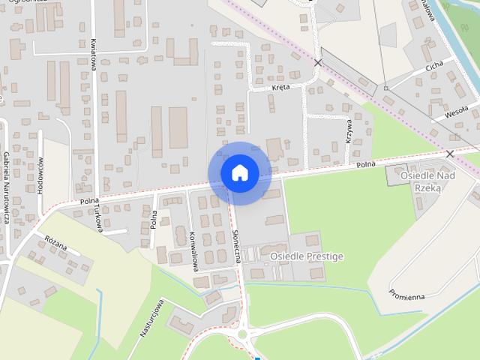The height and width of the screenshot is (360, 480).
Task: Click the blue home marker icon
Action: pyautogui.click(x=239, y=173)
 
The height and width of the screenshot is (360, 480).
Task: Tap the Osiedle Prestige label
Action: pyautogui.click(x=306, y=256)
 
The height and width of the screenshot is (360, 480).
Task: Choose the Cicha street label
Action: pyautogui.click(x=434, y=67)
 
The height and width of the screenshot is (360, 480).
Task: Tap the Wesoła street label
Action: pyautogui.click(x=455, y=112)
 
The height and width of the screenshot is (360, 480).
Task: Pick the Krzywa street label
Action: pyautogui.click(x=349, y=130)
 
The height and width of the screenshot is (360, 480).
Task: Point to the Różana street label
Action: pyautogui.click(x=56, y=245)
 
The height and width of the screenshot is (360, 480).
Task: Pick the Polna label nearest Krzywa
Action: pyautogui.click(x=365, y=164)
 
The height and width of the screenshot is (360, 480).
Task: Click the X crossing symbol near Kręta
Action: pyautogui.click(x=319, y=63)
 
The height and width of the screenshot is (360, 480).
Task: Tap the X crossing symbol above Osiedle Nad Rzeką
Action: pyautogui.click(x=450, y=154)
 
